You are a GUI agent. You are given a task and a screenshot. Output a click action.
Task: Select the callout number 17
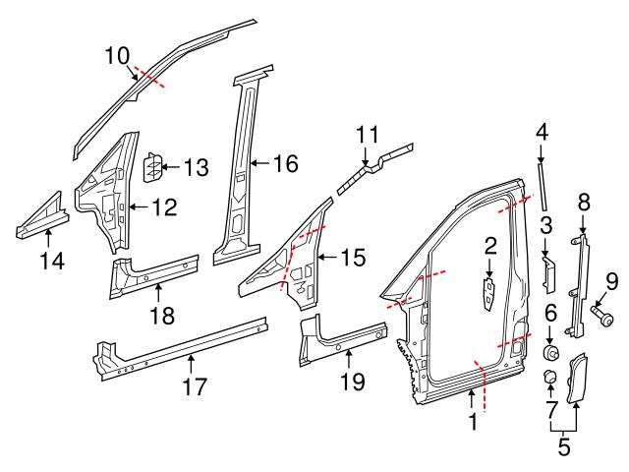[x=196, y=386]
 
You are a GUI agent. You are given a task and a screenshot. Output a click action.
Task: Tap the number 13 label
[x=195, y=168]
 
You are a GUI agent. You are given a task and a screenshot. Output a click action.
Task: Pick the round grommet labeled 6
[x=552, y=352]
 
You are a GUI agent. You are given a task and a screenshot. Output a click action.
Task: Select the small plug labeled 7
[x=551, y=380]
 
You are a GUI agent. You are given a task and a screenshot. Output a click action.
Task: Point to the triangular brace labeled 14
[x=43, y=218]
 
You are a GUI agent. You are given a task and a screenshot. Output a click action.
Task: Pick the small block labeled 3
[x=548, y=274]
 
